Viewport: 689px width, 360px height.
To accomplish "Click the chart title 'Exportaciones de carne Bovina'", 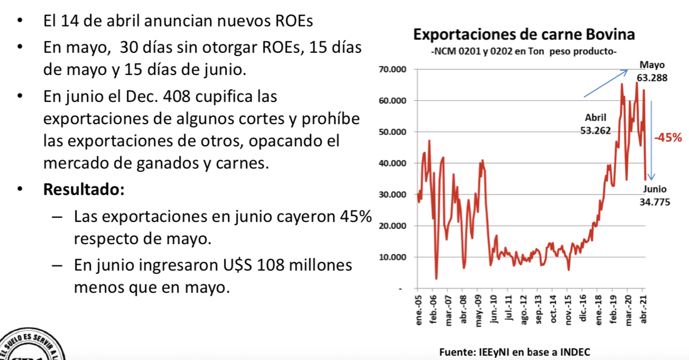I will click(524, 35).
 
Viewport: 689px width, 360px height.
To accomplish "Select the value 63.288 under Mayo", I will click(652, 77).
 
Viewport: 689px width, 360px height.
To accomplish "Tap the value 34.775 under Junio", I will click(655, 201).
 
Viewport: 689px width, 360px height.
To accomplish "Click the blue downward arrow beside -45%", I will click(651, 140).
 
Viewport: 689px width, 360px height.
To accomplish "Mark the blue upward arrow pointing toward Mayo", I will click(606, 84).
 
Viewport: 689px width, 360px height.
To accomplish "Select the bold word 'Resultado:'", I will click(83, 189).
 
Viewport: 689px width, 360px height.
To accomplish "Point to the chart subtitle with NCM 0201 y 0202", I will click(524, 52).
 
